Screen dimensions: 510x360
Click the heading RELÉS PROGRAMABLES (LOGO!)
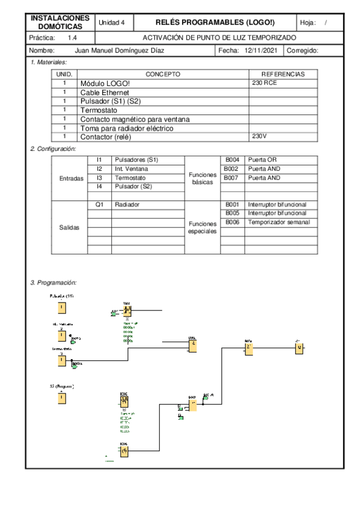pos(215,22)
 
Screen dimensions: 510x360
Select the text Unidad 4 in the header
pos(111,22)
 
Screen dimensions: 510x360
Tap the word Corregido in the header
pos(302,51)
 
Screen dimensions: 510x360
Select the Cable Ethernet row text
pos(104,93)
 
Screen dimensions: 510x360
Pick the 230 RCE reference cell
pos(264,83)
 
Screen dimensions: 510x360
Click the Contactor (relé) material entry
pos(105,137)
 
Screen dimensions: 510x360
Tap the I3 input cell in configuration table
pos(99,178)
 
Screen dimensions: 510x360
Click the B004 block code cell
pos(232,160)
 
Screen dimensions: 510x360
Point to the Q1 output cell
pos(99,204)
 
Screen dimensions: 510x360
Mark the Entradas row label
pos(72,178)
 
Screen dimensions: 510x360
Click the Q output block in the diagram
pos(299,349)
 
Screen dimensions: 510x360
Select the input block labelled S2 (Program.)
pos(61,398)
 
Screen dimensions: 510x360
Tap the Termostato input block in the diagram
pos(61,360)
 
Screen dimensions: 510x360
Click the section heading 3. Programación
pos(53,282)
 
